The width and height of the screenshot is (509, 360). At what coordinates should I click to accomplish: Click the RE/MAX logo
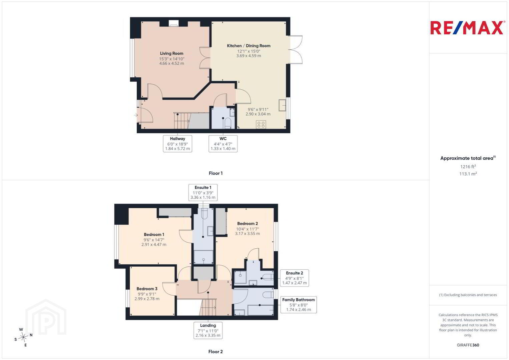[467, 28]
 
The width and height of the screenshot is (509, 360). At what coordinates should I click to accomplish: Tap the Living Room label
[171, 53]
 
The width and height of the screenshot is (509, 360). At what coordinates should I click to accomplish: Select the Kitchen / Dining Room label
[248, 46]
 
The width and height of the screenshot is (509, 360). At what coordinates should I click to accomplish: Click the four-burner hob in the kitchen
[261, 124]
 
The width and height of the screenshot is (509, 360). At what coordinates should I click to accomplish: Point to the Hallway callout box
[177, 144]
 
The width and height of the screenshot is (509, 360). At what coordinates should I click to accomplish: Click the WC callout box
[223, 144]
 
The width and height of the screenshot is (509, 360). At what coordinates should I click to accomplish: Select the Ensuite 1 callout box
[203, 192]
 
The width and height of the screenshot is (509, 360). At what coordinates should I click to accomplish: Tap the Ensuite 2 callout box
[294, 278]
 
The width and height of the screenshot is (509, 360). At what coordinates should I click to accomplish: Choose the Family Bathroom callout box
[299, 305]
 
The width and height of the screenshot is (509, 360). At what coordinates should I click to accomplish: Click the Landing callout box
[208, 330]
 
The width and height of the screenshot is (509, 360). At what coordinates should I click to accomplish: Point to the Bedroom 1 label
[154, 234]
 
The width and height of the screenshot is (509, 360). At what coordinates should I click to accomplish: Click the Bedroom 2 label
[247, 223]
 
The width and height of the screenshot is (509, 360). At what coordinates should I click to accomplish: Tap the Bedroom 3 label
[147, 289]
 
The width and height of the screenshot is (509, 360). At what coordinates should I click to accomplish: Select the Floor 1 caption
[216, 173]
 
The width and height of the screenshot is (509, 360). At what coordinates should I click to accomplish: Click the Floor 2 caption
[215, 352]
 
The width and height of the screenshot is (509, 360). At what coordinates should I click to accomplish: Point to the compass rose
[23, 337]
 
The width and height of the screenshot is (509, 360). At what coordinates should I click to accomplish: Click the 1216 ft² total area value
[468, 166]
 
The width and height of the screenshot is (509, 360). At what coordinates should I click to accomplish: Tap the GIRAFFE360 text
[468, 345]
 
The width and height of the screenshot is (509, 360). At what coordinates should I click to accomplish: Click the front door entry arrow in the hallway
[136, 115]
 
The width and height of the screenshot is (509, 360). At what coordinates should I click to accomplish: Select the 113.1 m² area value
[468, 174]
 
